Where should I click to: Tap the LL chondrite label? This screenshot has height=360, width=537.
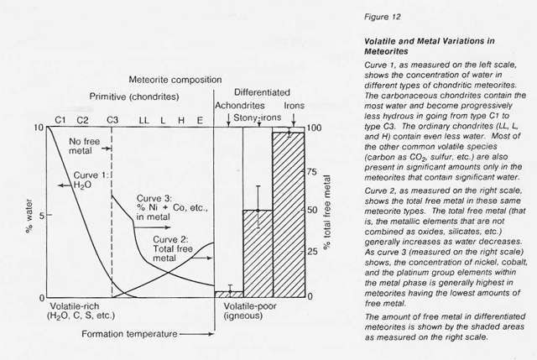(x=144, y=120)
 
